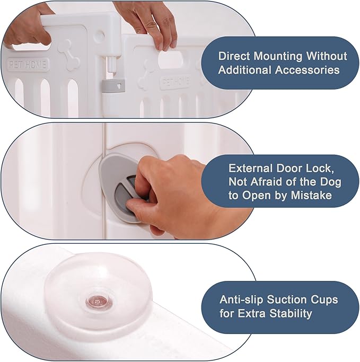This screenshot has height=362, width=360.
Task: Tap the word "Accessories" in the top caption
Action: coord(308,70)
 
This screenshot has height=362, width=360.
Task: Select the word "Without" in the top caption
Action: coord(327,56)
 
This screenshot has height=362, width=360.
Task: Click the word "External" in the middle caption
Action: coord(251,169)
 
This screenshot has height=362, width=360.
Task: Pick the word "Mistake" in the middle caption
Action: coord(311,196)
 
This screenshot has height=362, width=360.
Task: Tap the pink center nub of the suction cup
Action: coord(96,301)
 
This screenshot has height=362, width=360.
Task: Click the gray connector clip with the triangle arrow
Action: coord(113,86)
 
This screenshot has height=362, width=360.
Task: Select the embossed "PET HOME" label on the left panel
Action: coord(28,64)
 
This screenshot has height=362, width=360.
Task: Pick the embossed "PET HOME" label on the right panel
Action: coord(175,82)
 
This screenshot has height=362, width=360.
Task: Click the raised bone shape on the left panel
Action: coord(69,54)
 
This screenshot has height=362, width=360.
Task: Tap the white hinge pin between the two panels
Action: coord(112,66)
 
